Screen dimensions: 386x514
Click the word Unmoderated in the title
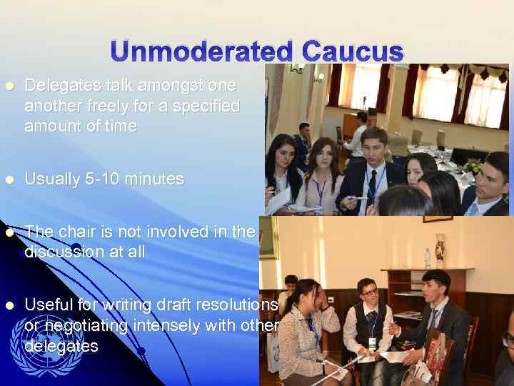(x=201, y=52)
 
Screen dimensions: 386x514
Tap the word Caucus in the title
(x=353, y=52)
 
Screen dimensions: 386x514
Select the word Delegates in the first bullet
(x=56, y=85)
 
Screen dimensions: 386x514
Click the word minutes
(x=156, y=179)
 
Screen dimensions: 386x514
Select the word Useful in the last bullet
(x=47, y=305)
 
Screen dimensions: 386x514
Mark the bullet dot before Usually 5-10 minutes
(x=9, y=179)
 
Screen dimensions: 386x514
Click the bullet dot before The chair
(x=9, y=232)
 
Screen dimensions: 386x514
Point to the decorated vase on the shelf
(x=440, y=249)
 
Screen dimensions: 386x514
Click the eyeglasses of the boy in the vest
(x=368, y=292)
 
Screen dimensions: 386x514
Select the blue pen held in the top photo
(x=359, y=198)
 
